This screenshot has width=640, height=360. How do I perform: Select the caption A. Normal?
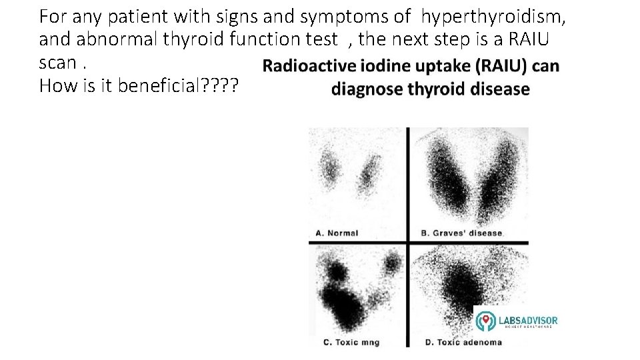pos(337,233)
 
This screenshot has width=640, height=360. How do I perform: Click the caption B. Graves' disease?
pos(463,233)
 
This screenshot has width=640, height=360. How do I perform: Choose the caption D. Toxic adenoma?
pos(463,343)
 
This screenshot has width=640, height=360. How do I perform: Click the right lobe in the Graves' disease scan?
pos(499,180)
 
